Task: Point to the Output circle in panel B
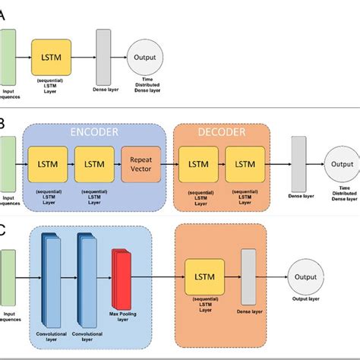point(342,164)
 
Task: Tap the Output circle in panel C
point(306,277)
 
